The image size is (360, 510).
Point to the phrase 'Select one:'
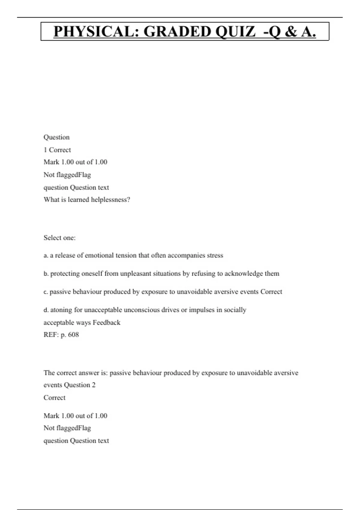(x=59, y=238)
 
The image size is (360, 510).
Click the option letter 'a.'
(x=46, y=256)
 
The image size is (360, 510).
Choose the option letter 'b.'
(x=46, y=274)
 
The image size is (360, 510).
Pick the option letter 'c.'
(x=46, y=292)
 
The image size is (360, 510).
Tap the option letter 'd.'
(x=46, y=310)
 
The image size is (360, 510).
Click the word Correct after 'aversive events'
(x=271, y=292)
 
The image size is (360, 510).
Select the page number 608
(x=73, y=335)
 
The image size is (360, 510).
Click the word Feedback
(x=106, y=323)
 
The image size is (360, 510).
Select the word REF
(x=51, y=335)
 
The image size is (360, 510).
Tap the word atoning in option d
(x=61, y=310)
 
